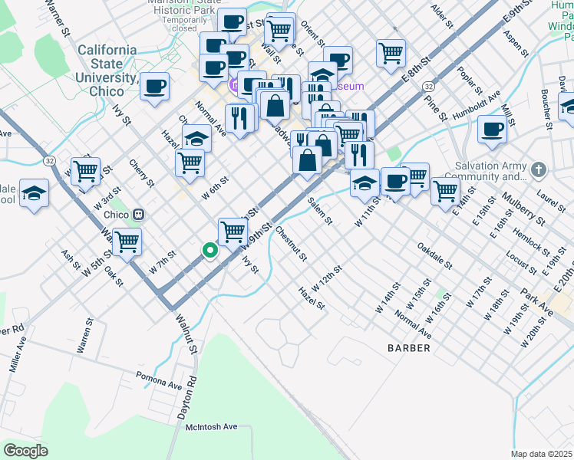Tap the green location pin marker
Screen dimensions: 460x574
point(209,250)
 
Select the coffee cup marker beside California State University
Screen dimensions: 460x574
point(154,86)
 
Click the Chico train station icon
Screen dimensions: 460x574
point(139,215)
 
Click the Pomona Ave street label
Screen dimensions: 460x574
point(160,382)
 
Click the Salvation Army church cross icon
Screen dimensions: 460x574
point(539,169)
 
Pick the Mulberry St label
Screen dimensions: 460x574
point(523,210)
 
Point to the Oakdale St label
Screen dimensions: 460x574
point(434,255)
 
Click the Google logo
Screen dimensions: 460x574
point(26,450)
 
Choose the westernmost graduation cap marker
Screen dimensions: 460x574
point(34,193)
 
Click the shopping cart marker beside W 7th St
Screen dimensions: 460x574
point(127,242)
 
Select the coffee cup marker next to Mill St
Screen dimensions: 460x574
point(492,130)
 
